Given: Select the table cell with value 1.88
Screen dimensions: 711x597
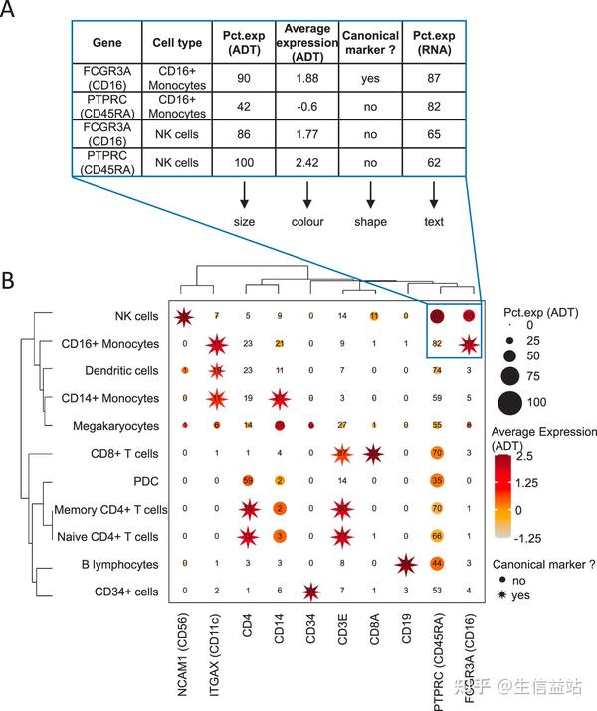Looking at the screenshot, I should (306, 82).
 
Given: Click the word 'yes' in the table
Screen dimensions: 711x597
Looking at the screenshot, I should (370, 82).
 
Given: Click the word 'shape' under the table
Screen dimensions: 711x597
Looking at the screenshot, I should (370, 221).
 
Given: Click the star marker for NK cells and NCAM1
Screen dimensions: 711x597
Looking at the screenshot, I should (184, 317).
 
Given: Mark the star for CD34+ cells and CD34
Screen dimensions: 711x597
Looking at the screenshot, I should (310, 592).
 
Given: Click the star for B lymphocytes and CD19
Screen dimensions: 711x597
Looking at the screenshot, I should (405, 564).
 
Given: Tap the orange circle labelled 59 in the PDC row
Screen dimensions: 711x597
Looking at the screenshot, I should (247, 481).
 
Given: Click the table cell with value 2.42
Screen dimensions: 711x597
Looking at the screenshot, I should (306, 163).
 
